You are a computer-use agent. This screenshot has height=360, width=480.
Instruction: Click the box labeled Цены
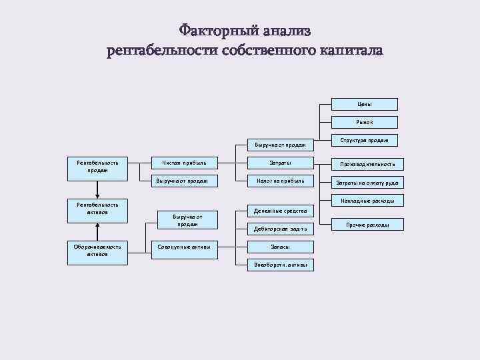365,104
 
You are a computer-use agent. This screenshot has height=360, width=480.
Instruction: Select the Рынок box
365,122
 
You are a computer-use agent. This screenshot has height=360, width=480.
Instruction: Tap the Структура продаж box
365,140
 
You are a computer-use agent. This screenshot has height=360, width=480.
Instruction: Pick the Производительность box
367,163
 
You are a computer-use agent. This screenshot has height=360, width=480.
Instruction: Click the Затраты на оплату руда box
367,182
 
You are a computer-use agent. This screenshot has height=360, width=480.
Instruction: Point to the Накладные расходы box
367,200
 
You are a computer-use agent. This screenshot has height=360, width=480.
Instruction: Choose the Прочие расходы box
367,225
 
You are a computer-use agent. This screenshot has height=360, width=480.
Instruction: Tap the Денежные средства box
280,211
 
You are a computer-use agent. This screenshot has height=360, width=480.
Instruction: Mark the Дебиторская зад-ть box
280,229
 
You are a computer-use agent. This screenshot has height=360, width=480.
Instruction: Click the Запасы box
280,247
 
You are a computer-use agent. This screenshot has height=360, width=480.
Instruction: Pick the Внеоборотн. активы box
280,265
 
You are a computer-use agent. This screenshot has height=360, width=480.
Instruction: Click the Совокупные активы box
184,247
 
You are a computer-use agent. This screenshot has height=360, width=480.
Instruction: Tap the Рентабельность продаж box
98,167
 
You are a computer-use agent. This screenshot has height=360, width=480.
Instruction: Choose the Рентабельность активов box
98,209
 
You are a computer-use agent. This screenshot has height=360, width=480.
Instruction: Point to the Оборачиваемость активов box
98,251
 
